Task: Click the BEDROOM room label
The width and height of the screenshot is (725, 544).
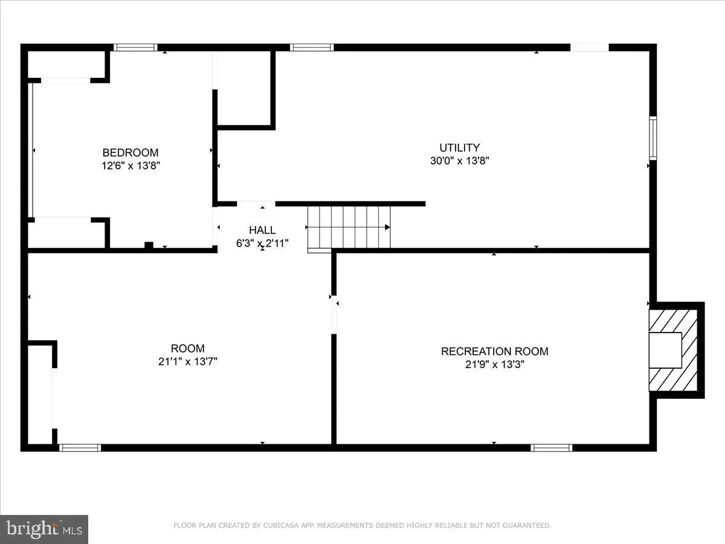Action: [130, 153]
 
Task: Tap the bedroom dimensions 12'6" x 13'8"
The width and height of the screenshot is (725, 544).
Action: [130, 166]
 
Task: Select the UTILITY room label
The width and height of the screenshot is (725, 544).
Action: [459, 147]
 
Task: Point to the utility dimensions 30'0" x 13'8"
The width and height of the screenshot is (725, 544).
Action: [459, 161]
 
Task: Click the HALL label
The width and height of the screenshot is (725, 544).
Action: [262, 230]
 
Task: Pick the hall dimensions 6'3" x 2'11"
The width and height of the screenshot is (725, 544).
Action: [262, 244]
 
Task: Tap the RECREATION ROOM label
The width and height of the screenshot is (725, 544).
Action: [494, 351]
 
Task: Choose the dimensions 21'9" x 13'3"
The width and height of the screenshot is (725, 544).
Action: [494, 364]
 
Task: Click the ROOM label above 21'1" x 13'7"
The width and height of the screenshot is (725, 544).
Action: [187, 349]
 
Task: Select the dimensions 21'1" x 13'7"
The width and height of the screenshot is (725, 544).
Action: [187, 362]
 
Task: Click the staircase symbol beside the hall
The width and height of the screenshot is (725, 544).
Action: [349, 227]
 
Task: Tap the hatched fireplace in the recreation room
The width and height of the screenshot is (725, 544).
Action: [673, 350]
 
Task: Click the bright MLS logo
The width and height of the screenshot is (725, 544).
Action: [44, 529]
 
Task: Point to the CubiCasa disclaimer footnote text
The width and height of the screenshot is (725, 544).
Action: [362, 526]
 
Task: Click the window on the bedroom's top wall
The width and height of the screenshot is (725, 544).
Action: [135, 48]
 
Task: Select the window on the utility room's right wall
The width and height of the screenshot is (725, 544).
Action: [652, 138]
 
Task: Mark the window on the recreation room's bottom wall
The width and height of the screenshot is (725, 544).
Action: [551, 448]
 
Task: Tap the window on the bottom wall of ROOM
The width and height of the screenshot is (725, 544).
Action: [80, 448]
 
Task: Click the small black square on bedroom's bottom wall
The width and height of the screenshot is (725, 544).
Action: [149, 245]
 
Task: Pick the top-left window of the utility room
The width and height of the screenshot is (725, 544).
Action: [311, 48]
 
